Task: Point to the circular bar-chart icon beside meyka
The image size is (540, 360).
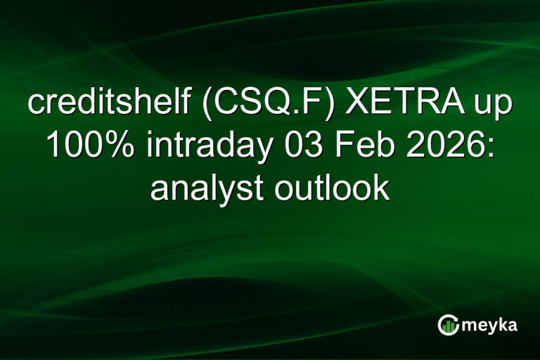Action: pos(448,325)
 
